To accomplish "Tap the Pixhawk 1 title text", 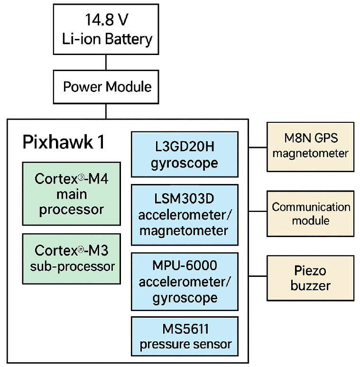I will [64, 142].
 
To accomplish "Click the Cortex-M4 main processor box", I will [71, 194].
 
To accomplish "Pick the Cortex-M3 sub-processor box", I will [71, 258].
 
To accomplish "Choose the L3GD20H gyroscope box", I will [185, 154].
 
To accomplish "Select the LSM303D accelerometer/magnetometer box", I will [185, 215].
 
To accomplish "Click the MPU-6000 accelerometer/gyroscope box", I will [185, 282].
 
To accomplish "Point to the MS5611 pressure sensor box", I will [185, 336].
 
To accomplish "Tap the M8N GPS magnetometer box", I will [310, 146].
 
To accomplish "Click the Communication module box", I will [310, 213].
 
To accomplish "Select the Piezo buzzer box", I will [310, 278].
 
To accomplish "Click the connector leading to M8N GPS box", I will [258, 147].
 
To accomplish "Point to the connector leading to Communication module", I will [258, 211].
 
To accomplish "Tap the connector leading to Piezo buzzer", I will [258, 275].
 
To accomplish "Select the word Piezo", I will [310, 271].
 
